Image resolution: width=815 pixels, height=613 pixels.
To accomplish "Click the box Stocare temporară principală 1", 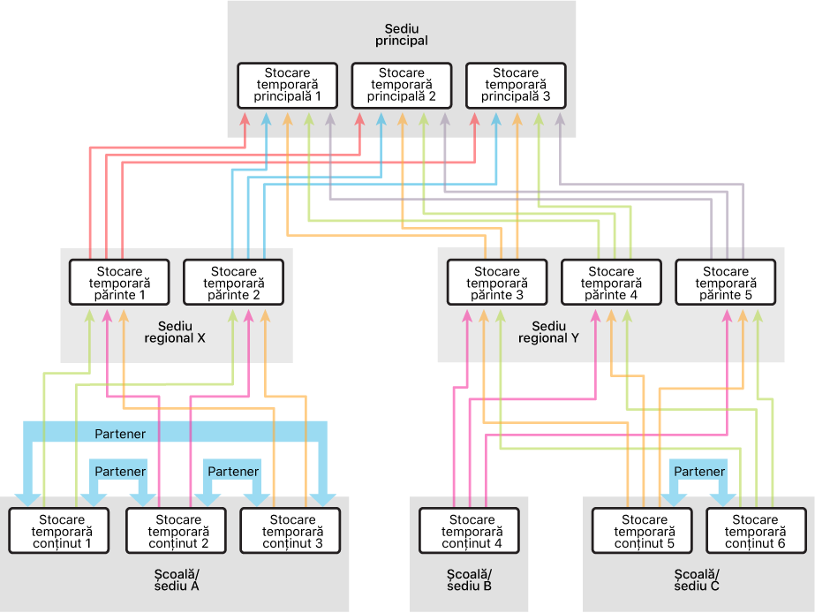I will (287, 86).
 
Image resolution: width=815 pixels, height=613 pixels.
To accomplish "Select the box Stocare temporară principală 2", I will (401, 86).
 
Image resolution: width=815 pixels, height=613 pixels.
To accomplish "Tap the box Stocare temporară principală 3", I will (515, 86).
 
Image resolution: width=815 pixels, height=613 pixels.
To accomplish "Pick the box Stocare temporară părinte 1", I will (119, 283).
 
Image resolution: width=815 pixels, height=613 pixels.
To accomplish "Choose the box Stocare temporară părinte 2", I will (233, 283).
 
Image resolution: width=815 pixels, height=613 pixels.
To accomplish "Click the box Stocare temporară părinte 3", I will (497, 283).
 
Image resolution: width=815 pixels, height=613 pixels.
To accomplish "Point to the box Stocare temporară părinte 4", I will (611, 283).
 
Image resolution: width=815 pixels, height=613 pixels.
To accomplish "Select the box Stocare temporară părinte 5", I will (725, 283).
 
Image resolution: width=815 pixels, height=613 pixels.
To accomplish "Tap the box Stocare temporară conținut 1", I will (60, 532).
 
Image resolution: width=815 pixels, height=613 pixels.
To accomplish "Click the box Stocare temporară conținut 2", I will (177, 532).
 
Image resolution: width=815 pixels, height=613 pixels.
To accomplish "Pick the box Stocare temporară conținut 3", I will (291, 532).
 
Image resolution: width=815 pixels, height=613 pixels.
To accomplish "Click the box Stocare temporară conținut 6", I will (756, 532).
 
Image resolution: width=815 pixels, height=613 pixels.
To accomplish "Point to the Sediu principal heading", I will (401, 34).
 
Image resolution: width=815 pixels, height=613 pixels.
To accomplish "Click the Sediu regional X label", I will (176, 331).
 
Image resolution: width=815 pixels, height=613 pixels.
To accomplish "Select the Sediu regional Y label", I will (548, 331).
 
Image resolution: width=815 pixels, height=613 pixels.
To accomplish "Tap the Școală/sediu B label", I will (469, 579).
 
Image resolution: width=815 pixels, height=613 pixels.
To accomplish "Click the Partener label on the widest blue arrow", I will (120, 434).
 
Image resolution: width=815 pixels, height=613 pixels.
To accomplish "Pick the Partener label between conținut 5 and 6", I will (699, 472).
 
